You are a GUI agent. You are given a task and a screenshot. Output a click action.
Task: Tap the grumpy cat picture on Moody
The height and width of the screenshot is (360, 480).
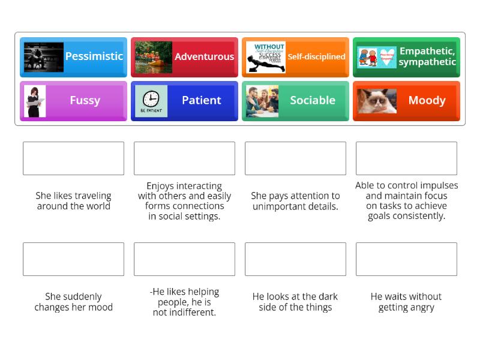[377, 101]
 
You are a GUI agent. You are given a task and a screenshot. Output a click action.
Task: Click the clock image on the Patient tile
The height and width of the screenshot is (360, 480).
[151, 101]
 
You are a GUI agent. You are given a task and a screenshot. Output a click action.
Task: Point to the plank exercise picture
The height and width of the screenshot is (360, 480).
[265, 57]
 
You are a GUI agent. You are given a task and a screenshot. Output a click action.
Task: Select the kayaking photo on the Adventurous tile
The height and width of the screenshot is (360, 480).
[154, 57]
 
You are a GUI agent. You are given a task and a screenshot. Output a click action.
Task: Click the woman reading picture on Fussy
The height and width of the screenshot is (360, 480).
[34, 101]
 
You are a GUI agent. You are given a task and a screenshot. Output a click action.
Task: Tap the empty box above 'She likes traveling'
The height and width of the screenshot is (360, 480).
[73, 158]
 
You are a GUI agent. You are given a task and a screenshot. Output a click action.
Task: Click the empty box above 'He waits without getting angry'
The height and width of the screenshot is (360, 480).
[406, 259]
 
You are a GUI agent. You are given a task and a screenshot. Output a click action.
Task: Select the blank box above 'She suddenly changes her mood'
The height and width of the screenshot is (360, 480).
[73, 259]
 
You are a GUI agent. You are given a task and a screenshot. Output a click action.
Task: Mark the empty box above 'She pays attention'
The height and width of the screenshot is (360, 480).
[295, 158]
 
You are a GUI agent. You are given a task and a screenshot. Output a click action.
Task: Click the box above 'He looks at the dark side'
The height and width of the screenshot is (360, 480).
[295, 259]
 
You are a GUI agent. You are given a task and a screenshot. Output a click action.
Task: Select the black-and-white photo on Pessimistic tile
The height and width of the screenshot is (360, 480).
[43, 57]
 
